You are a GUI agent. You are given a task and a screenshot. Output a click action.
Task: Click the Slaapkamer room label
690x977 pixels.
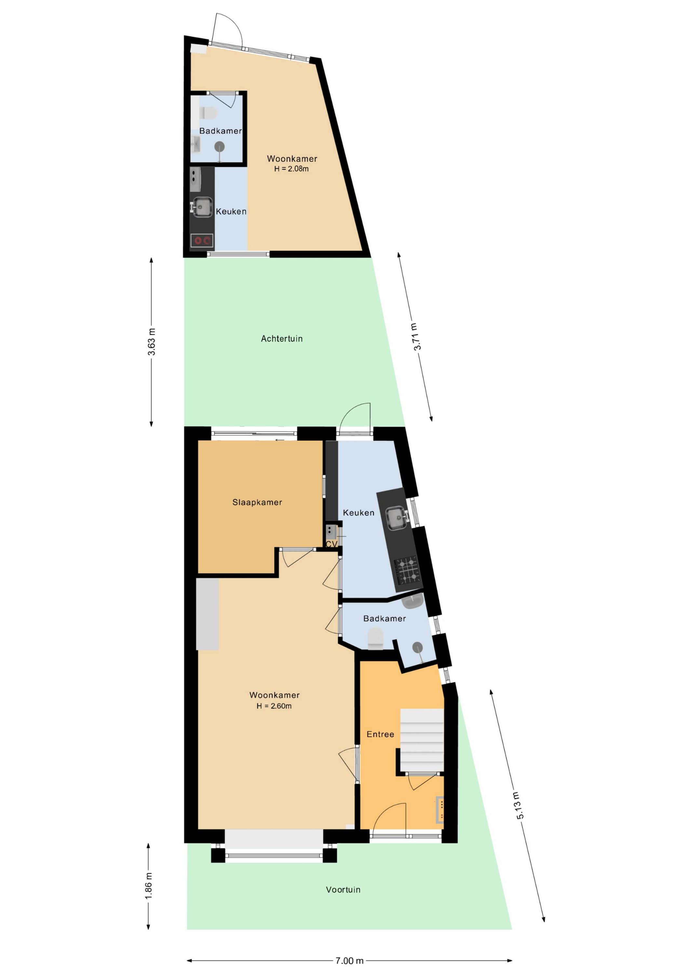point(257,502)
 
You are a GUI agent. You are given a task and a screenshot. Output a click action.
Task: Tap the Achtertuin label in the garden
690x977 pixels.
point(282,339)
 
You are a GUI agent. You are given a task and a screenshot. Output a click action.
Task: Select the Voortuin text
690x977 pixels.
point(343,889)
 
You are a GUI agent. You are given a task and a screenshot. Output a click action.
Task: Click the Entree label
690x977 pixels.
point(381,734)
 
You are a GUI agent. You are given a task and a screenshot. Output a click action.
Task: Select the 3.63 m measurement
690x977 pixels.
point(152,342)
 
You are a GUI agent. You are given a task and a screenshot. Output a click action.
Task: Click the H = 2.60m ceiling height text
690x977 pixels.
point(274,706)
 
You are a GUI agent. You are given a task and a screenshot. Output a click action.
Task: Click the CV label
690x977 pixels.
point(331,544)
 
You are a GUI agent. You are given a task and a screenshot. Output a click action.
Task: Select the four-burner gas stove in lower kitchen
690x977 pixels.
point(408,571)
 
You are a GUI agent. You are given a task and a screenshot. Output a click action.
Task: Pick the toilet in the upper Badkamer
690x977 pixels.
point(208,113)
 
